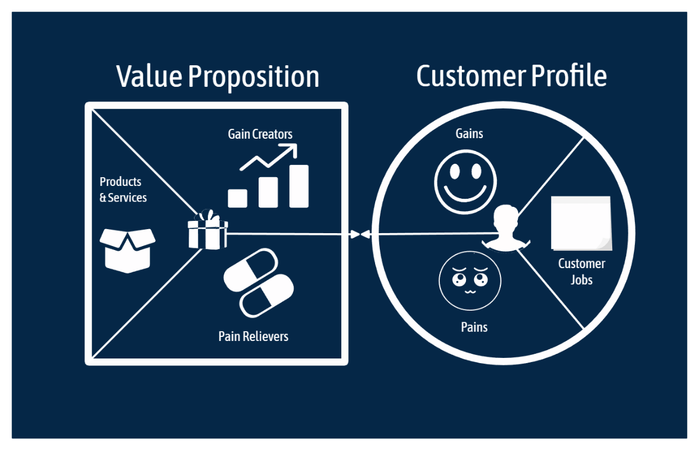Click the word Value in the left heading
(149, 77)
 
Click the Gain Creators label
(260, 134)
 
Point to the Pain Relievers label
(253, 336)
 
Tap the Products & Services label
(123, 190)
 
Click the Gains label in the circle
(469, 133)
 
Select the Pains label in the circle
(474, 327)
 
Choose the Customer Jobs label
(581, 272)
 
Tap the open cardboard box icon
(128, 249)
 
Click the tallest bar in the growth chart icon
(299, 185)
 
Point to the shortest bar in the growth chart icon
(238, 198)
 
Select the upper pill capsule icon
(250, 270)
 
